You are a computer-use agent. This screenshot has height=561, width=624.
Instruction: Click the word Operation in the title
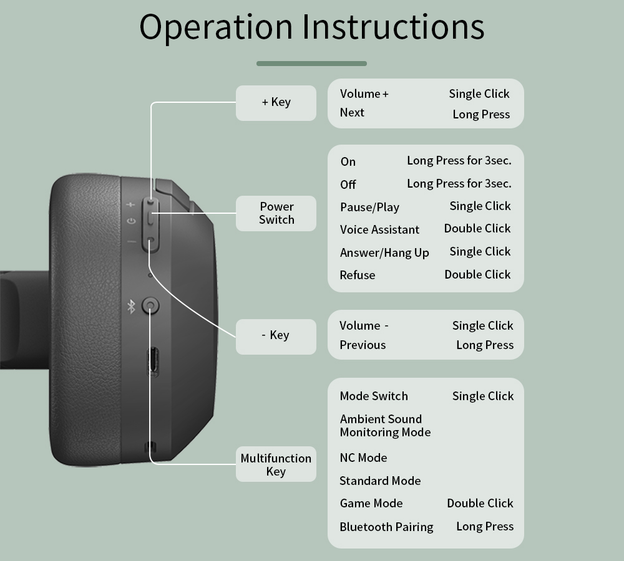(x=215, y=27)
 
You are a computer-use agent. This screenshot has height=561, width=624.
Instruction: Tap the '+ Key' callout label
(x=276, y=102)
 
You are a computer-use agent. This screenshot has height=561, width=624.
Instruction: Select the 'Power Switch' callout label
(x=276, y=213)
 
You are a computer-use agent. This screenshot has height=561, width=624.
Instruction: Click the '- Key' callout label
(x=276, y=335)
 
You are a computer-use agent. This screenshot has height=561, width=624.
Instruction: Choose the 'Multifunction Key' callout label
(x=276, y=464)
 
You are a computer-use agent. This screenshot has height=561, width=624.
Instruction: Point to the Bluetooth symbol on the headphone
(x=131, y=306)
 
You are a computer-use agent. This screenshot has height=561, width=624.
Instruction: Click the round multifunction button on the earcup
(x=150, y=306)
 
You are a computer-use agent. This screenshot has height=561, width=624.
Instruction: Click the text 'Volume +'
(x=364, y=94)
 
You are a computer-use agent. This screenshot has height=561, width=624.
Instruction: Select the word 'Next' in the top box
(x=352, y=113)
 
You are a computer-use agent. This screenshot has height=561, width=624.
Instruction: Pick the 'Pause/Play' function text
(x=369, y=207)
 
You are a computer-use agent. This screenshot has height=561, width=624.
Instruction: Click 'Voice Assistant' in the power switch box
(x=379, y=229)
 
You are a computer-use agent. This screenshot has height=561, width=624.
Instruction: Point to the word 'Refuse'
(x=358, y=275)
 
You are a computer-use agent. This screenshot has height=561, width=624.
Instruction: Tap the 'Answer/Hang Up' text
(x=384, y=252)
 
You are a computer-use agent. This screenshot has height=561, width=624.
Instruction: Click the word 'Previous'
(x=363, y=345)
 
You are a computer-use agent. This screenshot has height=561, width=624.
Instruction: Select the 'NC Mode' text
(x=363, y=458)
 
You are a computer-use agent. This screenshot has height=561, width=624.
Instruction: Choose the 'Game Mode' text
(x=371, y=503)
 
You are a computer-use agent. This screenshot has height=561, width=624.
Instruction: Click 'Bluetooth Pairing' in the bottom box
(x=386, y=527)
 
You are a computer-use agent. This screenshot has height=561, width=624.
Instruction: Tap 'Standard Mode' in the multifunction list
(x=380, y=481)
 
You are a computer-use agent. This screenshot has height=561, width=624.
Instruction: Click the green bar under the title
(x=311, y=64)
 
